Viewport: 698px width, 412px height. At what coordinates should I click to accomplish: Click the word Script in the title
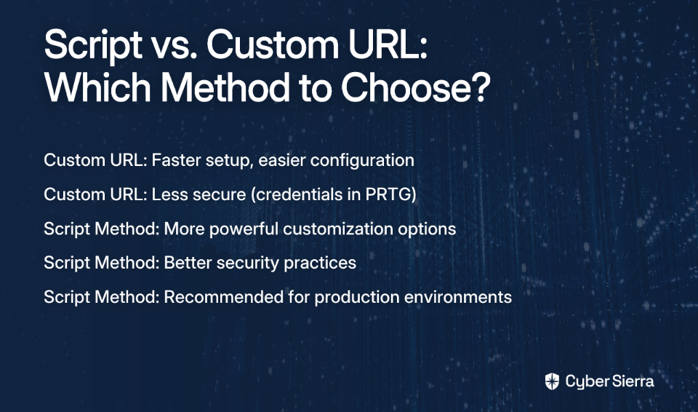(x=93, y=46)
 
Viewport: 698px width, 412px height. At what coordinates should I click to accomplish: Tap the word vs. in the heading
(x=174, y=46)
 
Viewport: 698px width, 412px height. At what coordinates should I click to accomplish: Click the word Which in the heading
(x=97, y=87)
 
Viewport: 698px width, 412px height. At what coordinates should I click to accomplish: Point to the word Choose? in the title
(x=415, y=87)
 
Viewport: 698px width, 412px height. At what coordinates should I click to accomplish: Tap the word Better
(x=188, y=263)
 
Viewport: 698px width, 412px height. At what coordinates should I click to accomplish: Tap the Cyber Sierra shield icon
(x=552, y=381)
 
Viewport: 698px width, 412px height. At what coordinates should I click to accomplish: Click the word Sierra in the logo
(x=632, y=381)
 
